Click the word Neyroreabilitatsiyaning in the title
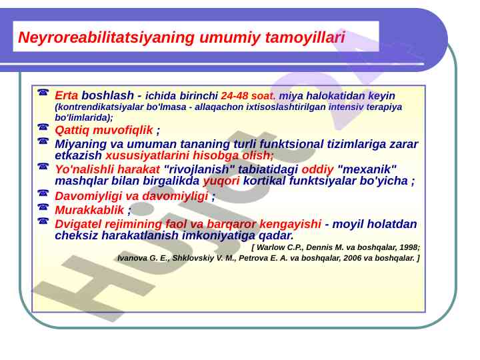pyautogui.click(x=106, y=37)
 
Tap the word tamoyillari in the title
pyautogui.click(x=305, y=37)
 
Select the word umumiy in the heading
pyautogui.click(x=229, y=38)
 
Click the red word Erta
pyautogui.click(x=67, y=95)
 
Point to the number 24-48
pyautogui.click(x=234, y=96)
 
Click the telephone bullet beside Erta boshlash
pyautogui.click(x=43, y=92)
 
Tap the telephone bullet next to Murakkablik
pyautogui.click(x=43, y=207)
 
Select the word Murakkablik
pyautogui.click(x=89, y=210)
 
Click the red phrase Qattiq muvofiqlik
pyautogui.click(x=104, y=130)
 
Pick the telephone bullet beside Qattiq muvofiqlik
pyautogui.click(x=43, y=127)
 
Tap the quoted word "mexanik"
pyautogui.click(x=367, y=169)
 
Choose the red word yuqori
pyautogui.click(x=221, y=181)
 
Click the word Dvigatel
pyautogui.click(x=78, y=224)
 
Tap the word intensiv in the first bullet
pyautogui.click(x=346, y=107)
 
